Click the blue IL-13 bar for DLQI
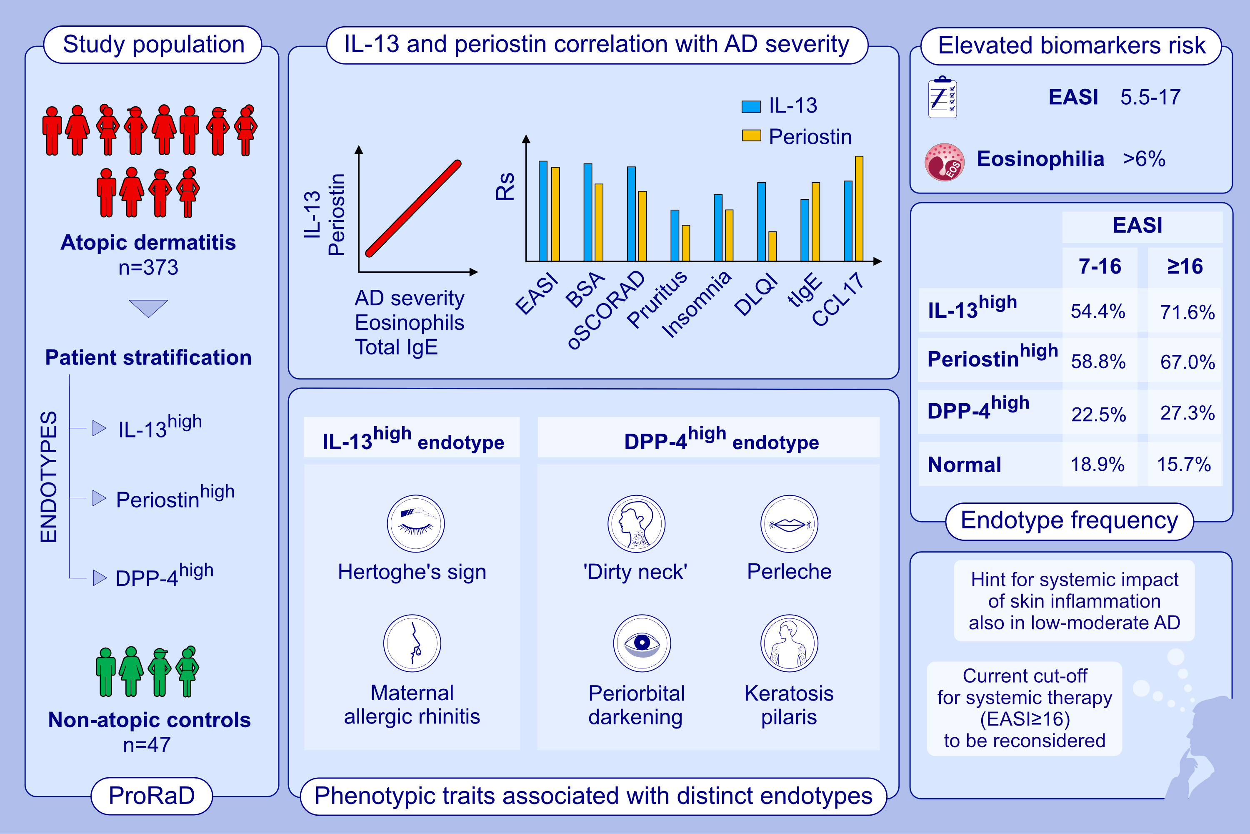pos(761,222)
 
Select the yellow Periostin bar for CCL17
pos(859,208)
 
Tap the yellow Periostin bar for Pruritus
pos(685,243)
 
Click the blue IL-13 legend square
pos(750,106)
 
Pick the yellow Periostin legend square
pos(751,136)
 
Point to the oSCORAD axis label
pos(606,309)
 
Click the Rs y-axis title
pos(505,186)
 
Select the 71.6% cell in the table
pos(1187,312)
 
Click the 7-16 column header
pos(1100,266)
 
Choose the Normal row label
pos(964,465)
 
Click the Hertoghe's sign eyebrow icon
pos(415,523)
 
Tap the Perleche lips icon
pos(789,524)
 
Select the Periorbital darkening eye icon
pos(642,643)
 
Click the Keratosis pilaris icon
pos(789,643)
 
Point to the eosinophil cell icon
pos(944,162)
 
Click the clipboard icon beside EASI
pos(942,97)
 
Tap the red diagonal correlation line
pos(413,208)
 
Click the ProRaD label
pos(152,796)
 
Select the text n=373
pos(148,267)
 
